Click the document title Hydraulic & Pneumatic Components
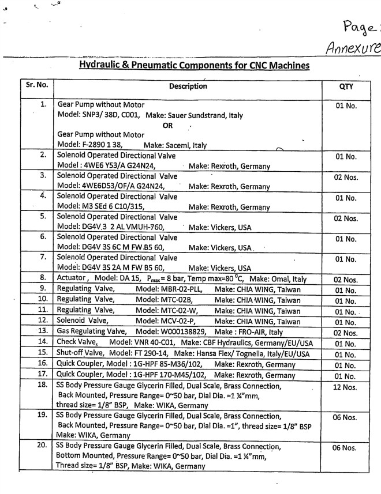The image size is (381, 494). coord(188,66)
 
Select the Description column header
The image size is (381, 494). coord(188,86)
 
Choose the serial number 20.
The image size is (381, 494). coord(42,446)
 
